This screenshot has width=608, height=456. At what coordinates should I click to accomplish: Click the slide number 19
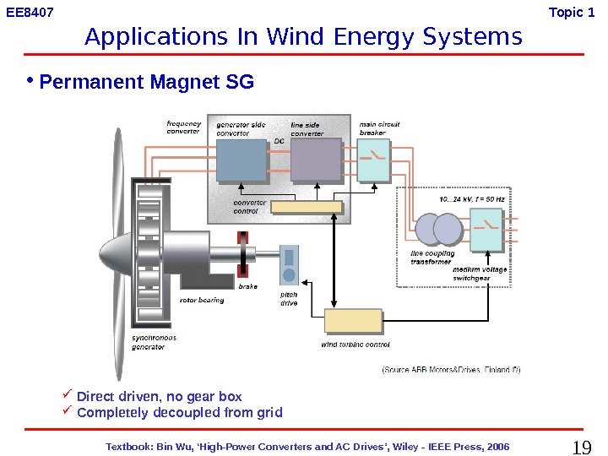[583, 447]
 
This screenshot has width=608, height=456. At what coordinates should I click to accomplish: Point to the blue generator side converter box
[242, 160]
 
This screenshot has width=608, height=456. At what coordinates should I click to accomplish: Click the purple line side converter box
[316, 160]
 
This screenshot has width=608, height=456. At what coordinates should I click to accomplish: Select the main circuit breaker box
[372, 160]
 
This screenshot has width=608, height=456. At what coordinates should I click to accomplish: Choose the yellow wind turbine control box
[353, 322]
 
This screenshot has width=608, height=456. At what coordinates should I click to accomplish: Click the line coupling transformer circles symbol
[437, 228]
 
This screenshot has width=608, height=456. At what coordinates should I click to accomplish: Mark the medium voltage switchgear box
[486, 229]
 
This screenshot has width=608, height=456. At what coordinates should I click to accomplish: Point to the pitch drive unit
[290, 265]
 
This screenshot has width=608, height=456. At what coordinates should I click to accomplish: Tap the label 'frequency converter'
[183, 128]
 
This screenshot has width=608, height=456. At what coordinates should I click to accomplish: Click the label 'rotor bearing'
[202, 300]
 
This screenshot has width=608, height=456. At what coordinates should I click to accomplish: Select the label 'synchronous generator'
[154, 342]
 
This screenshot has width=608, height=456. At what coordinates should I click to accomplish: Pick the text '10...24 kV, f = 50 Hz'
[472, 199]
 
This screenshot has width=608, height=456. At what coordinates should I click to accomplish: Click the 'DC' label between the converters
[280, 141]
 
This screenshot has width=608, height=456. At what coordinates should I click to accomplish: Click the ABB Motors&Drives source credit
[451, 369]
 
